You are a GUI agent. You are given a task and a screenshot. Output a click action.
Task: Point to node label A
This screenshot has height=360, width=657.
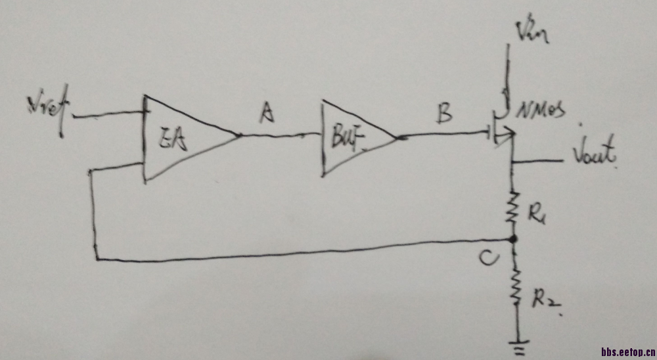266,115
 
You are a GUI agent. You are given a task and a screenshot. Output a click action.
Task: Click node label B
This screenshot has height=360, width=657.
444,116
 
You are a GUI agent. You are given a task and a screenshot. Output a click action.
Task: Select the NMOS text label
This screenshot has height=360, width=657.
543,113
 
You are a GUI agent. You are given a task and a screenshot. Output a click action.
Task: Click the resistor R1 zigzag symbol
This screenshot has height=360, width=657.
513,208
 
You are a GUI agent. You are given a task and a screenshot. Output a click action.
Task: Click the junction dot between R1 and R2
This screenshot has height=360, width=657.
514,240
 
